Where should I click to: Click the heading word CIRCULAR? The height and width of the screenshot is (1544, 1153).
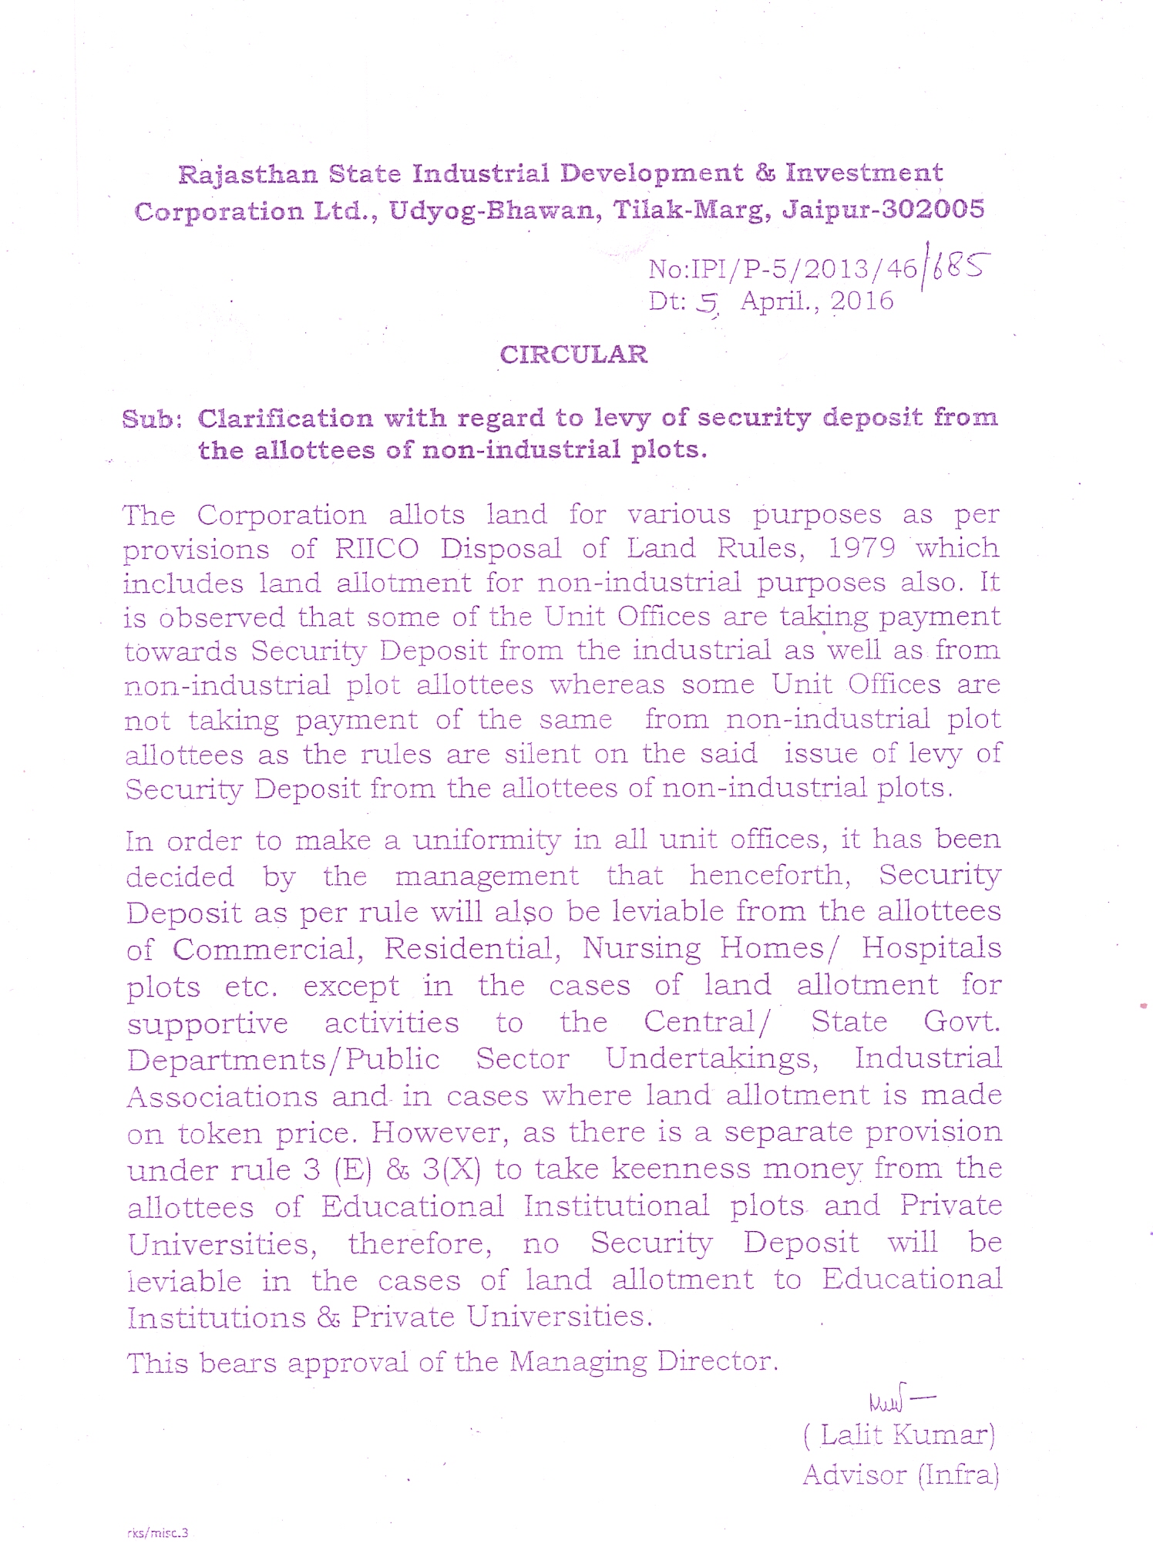click(573, 355)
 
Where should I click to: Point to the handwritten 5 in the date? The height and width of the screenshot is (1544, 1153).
click(707, 305)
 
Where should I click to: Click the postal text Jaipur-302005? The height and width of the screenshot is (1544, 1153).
click(883, 210)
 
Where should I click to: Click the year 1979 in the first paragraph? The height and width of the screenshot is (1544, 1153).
click(862, 548)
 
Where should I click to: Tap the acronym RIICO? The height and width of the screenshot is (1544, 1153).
click(377, 549)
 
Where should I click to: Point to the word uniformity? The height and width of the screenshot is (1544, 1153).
click(486, 839)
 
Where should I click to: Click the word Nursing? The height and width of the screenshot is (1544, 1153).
click(641, 949)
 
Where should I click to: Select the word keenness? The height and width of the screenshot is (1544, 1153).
click(681, 1169)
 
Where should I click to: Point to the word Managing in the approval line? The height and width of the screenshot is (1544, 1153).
click(578, 1363)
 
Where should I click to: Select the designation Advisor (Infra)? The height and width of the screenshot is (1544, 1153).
click(900, 1475)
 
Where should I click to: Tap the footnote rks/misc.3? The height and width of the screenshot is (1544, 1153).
click(157, 1532)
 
